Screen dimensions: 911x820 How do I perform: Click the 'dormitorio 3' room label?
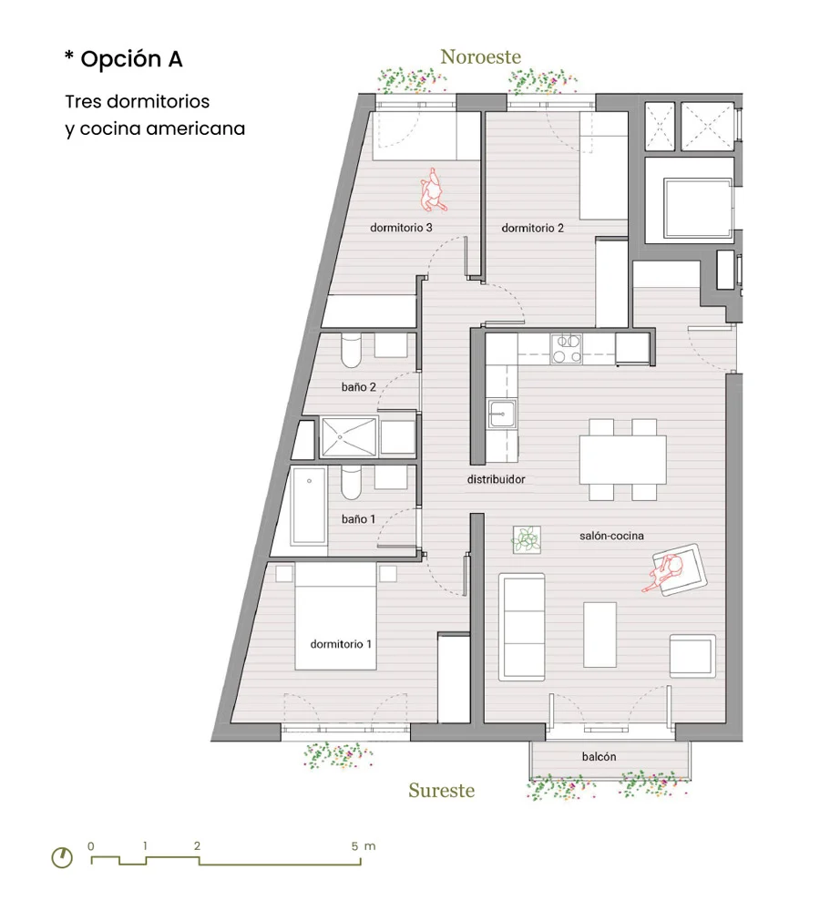pos(401,228)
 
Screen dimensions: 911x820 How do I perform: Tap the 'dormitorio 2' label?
pos(533,228)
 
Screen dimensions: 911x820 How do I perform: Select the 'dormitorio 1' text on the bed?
pos(341,644)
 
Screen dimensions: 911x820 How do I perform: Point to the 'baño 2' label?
pos(359,386)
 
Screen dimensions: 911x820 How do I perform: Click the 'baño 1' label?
pos(358,518)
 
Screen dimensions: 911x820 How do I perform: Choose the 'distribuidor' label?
pos(497,478)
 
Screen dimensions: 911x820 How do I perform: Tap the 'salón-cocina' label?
pos(611,536)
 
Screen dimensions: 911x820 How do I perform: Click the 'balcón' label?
pos(600,757)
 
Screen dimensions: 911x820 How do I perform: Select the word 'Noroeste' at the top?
pos(480,56)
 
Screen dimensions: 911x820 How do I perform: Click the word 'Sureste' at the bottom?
pos(441,790)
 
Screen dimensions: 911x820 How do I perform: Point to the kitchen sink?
pos(500,415)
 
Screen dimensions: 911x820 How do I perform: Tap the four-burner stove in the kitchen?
pos(567,347)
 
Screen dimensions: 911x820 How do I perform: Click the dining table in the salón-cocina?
pos(622,459)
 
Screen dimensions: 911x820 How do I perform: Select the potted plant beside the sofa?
pos(527,540)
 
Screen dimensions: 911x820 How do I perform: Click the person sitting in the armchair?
pos(669,571)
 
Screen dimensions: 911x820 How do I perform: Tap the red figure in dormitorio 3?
pos(430,189)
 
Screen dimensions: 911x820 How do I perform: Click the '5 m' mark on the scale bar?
pos(362,846)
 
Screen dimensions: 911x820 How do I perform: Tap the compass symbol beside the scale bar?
pos(62,857)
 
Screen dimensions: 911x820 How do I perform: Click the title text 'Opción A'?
pos(131,59)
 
